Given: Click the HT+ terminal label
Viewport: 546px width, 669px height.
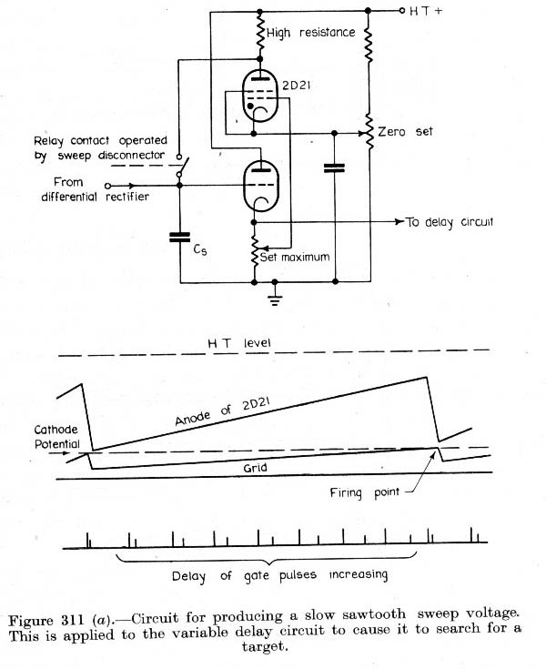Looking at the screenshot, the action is click(426, 11).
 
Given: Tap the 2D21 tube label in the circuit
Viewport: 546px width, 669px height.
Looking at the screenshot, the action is click(296, 86).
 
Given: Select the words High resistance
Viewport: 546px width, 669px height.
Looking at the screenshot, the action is click(311, 33).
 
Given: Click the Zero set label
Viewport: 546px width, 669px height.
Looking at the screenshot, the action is click(405, 131).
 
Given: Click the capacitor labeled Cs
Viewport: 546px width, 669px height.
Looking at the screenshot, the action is click(179, 238).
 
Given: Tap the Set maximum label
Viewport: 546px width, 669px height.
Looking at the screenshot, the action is click(295, 257).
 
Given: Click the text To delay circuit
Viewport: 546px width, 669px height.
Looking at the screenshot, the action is click(450, 222).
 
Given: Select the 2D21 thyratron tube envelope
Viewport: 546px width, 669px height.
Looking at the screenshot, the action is click(259, 96).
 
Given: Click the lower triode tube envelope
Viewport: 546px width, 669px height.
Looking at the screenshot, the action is click(260, 186).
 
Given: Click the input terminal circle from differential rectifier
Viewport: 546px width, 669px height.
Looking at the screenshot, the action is click(108, 186).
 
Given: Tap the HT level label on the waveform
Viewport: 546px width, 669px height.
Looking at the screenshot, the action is click(238, 343).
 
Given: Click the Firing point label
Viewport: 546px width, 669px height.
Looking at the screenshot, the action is click(365, 492).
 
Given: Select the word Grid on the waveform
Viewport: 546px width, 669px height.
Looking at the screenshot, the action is click(255, 468).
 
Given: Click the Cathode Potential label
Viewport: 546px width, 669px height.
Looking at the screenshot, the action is click(56, 437).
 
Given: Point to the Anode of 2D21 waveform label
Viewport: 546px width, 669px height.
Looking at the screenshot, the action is click(222, 411).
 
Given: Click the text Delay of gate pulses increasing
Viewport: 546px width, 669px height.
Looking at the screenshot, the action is click(280, 575).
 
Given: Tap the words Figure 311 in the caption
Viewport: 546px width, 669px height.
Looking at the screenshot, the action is click(46, 621).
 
